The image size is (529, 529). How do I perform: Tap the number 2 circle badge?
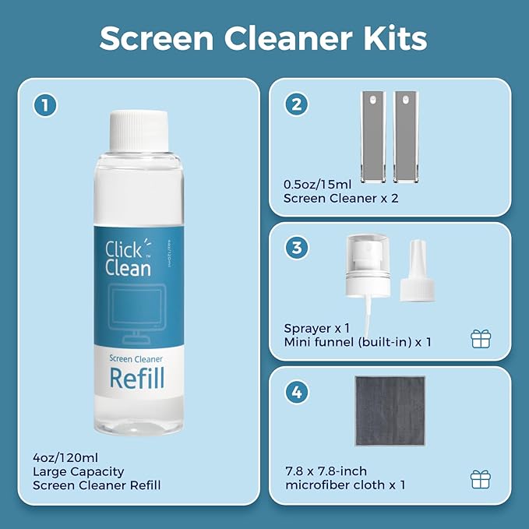point(296,104)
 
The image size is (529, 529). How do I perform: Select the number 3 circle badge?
point(296,249)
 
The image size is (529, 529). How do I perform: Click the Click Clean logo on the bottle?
point(128,259)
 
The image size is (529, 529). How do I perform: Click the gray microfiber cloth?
point(390,411)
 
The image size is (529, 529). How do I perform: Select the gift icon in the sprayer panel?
point(481,339)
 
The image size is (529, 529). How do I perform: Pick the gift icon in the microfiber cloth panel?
point(481,478)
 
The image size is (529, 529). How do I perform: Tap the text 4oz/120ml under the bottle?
point(65,457)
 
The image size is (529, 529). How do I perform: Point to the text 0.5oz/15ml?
point(318,185)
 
